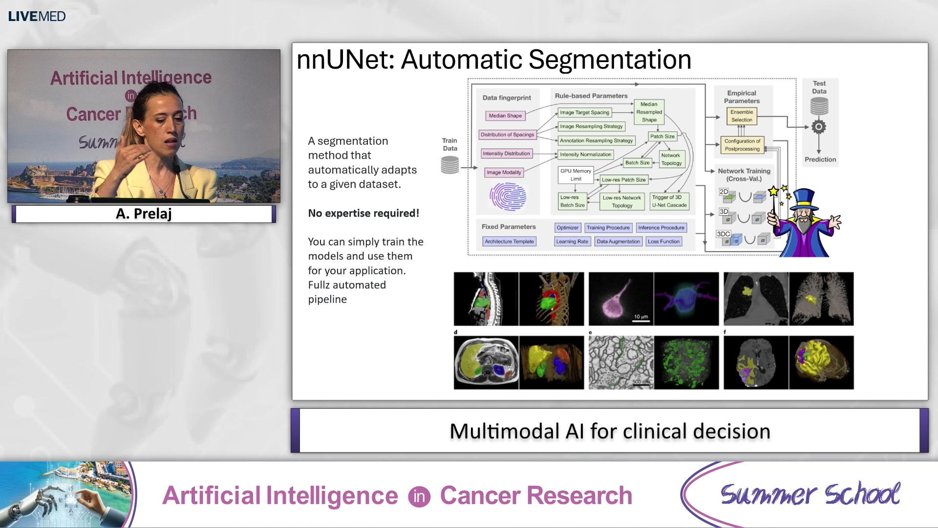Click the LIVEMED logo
click(x=37, y=16)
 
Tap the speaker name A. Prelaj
click(x=144, y=214)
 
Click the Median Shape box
click(x=505, y=116)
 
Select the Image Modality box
click(x=504, y=173)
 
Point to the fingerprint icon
click(x=508, y=197)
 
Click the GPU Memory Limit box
click(x=576, y=175)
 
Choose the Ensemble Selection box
click(x=741, y=116)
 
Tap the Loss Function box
click(x=663, y=242)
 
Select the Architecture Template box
click(x=509, y=242)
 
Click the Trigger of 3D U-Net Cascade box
click(x=669, y=201)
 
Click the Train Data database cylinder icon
click(x=450, y=165)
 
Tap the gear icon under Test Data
click(x=819, y=127)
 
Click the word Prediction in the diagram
click(x=820, y=159)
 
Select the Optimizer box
click(x=567, y=228)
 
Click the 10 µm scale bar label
click(x=640, y=317)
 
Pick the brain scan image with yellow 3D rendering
click(x=821, y=362)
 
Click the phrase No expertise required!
click(x=363, y=213)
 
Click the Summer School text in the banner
click(x=810, y=494)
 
